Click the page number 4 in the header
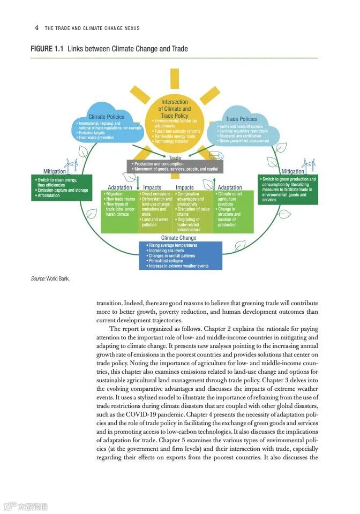click(x=36, y=27)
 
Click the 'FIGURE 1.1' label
click(x=47, y=49)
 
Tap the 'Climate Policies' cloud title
click(x=106, y=117)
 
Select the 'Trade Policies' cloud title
click(x=241, y=119)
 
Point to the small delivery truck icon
click(x=216, y=155)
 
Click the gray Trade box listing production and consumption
click(x=175, y=166)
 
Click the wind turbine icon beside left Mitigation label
click(x=72, y=164)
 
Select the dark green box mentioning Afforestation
click(x=61, y=187)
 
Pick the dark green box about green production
click(x=288, y=189)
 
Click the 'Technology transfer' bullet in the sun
click(x=172, y=141)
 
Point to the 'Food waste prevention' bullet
click(x=96, y=138)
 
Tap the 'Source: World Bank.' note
click(x=50, y=278)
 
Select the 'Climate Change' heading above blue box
click(x=179, y=238)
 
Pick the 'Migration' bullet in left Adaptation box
click(x=115, y=194)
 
